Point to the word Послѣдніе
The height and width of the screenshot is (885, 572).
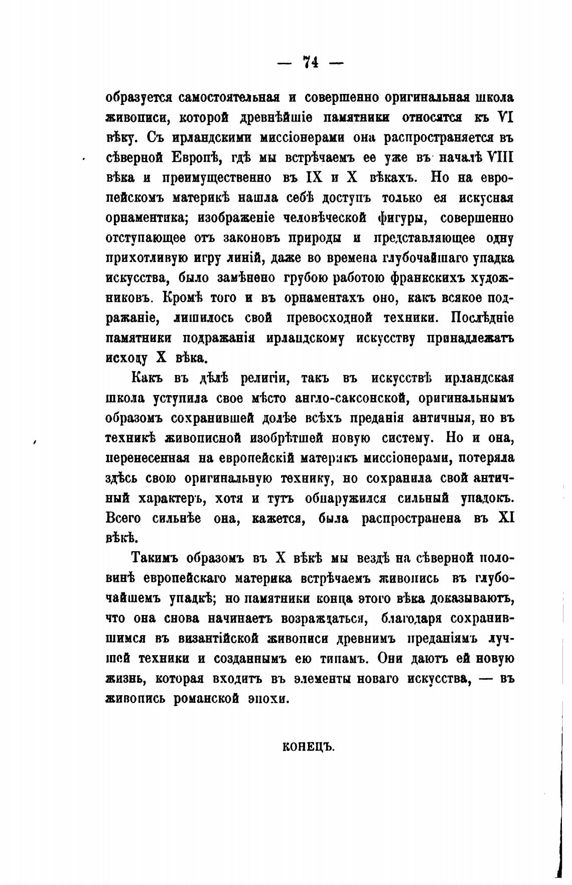point(482,318)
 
